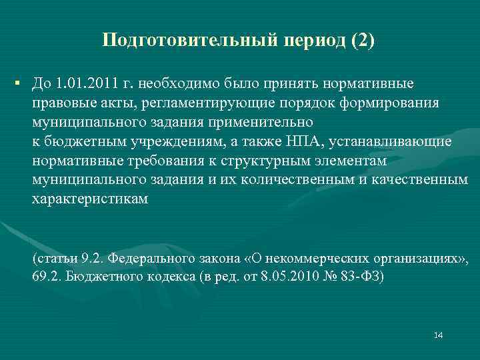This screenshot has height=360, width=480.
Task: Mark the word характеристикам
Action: coord(91,199)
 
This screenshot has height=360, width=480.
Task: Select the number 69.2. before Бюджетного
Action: coord(45,277)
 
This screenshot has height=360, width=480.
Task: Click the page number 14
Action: coord(438,335)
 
